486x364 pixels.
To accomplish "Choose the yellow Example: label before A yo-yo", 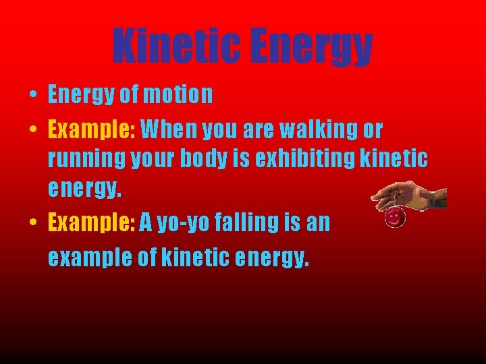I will pyautogui.click(x=92, y=222).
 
